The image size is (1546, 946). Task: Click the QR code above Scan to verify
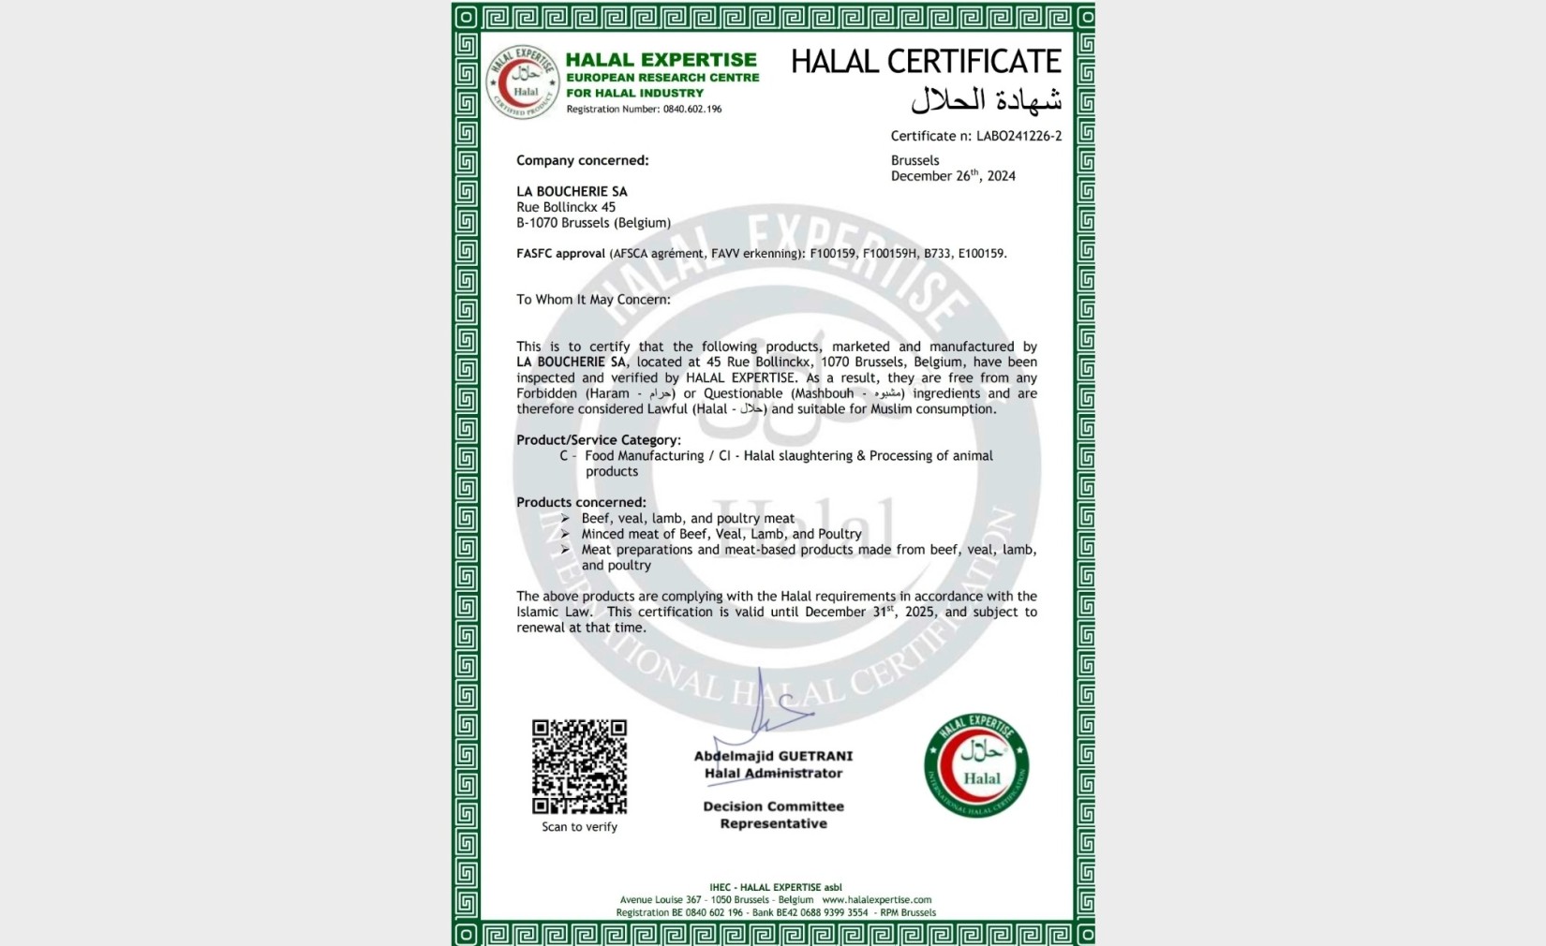click(x=579, y=766)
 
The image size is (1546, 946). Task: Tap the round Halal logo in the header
click(x=524, y=82)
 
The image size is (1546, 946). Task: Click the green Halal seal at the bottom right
click(x=976, y=765)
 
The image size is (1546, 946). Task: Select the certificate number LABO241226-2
click(x=1018, y=136)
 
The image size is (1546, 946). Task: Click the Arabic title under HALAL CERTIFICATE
click(x=986, y=99)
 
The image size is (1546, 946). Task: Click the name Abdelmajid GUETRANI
click(x=773, y=756)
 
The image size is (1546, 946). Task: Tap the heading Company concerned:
click(x=582, y=160)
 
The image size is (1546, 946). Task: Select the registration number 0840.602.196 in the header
click(x=692, y=110)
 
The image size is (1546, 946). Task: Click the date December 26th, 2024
click(x=953, y=176)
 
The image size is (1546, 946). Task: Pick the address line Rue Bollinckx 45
click(x=566, y=207)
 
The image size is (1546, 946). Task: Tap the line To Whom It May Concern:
click(x=593, y=300)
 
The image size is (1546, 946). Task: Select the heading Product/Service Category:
click(x=598, y=440)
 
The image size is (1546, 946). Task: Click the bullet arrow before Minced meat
click(x=565, y=534)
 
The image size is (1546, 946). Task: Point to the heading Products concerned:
click(x=581, y=502)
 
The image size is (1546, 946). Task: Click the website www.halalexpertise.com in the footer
click(x=876, y=900)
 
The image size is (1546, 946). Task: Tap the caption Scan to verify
click(x=579, y=827)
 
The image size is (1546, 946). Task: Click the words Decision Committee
click(x=773, y=806)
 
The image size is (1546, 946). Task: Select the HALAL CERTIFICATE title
click(x=926, y=62)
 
